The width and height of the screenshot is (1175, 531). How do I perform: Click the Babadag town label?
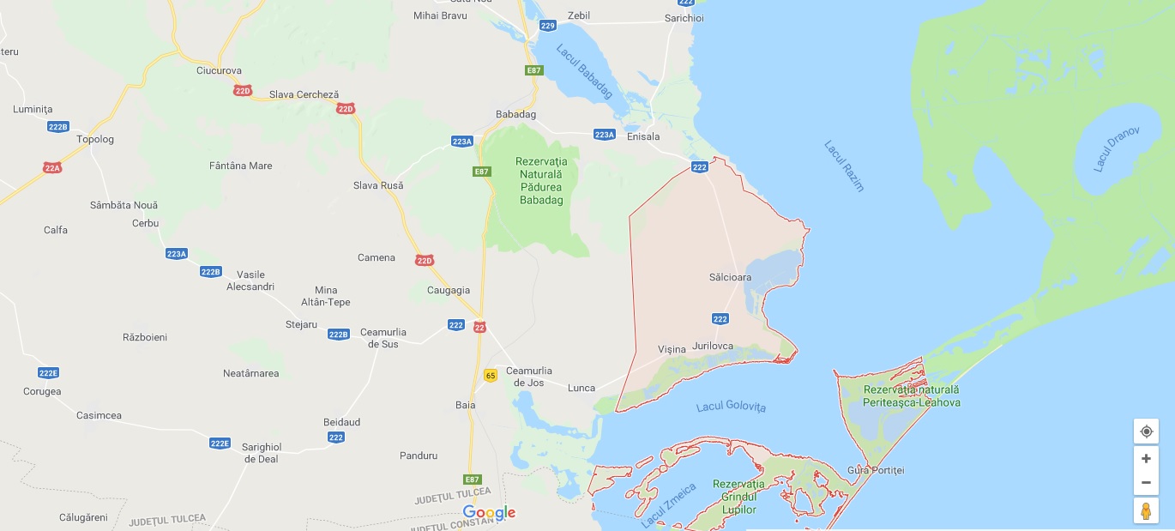(x=515, y=114)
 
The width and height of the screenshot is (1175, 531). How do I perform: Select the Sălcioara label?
(x=730, y=277)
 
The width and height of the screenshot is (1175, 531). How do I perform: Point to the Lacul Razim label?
(x=844, y=166)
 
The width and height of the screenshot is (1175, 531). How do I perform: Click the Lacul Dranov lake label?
(x=1116, y=149)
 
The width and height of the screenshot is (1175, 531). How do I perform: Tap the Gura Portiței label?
(x=875, y=470)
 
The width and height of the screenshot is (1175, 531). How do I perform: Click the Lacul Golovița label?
(x=731, y=407)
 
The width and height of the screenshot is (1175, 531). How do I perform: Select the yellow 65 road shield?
(x=491, y=375)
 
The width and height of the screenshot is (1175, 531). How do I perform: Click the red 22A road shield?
(x=52, y=168)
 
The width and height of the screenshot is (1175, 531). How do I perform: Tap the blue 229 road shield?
(x=548, y=26)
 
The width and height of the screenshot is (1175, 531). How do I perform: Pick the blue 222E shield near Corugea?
(x=48, y=372)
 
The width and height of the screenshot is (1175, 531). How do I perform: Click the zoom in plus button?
(x=1146, y=458)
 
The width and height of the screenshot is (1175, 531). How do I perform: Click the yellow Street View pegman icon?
(x=1146, y=510)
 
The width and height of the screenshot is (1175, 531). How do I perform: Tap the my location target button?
(x=1146, y=431)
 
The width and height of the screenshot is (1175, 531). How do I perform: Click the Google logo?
(x=489, y=513)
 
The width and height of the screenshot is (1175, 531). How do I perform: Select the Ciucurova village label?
(x=219, y=70)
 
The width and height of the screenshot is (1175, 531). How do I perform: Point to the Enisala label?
(x=643, y=136)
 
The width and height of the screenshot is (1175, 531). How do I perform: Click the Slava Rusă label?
(x=378, y=185)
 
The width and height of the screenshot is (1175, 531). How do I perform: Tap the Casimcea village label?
(x=99, y=415)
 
